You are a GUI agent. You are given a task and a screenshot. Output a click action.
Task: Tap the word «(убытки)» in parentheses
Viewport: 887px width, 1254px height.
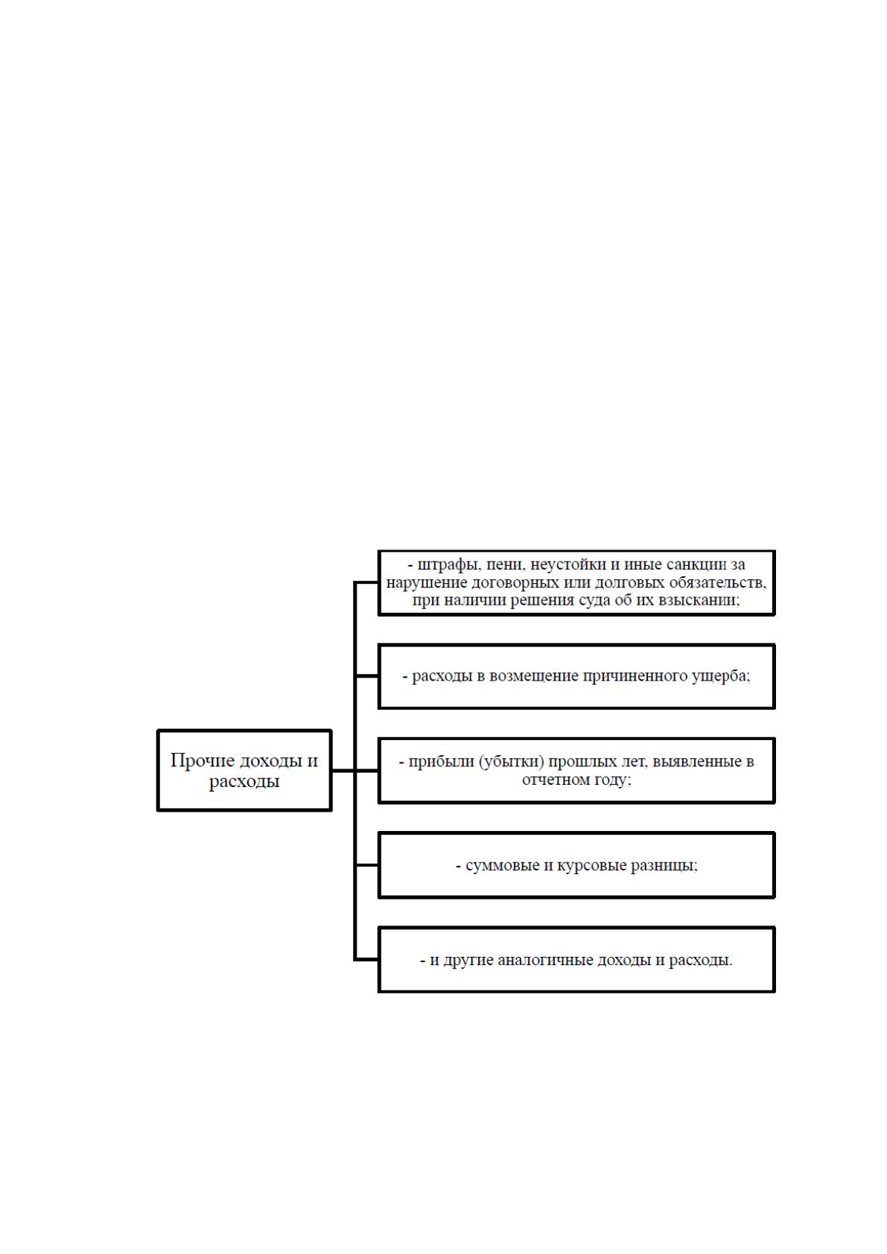[x=512, y=762]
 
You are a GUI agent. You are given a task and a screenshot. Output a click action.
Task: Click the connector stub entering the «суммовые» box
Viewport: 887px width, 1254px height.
[x=366, y=865]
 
